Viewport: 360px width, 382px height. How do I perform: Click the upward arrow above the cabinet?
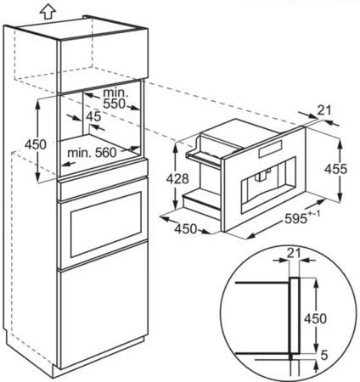pyautogui.click(x=48, y=11)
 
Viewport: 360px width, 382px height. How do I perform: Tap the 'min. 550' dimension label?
pyautogui.click(x=114, y=98)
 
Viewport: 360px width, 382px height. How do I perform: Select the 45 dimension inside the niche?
pyautogui.click(x=93, y=116)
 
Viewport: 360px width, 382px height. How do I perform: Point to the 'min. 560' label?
pyautogui.click(x=92, y=153)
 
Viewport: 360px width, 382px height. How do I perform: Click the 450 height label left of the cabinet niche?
pyautogui.click(x=35, y=144)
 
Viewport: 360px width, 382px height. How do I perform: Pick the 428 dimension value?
pyautogui.click(x=177, y=179)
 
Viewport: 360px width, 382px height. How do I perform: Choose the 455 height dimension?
pyautogui.click(x=335, y=169)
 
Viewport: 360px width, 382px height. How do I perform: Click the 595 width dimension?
pyautogui.click(x=295, y=219)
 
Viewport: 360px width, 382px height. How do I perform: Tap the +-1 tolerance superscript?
pyautogui.click(x=314, y=214)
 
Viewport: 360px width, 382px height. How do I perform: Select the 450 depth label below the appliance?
pyautogui.click(x=185, y=228)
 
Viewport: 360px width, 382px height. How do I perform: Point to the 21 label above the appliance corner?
pyautogui.click(x=323, y=110)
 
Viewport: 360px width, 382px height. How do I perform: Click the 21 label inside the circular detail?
pyautogui.click(x=294, y=254)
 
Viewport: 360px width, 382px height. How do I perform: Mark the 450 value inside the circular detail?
pyautogui.click(x=315, y=319)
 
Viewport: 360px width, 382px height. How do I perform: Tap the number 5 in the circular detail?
pyautogui.click(x=324, y=355)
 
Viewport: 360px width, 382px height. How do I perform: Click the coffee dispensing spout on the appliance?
pyautogui.click(x=260, y=176)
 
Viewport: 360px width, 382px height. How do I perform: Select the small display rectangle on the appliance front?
pyautogui.click(x=270, y=149)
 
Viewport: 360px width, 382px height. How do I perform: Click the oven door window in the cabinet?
pyautogui.click(x=106, y=224)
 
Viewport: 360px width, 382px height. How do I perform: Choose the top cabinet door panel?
pyautogui.click(x=103, y=61)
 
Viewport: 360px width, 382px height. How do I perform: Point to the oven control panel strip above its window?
pyautogui.click(x=104, y=188)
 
